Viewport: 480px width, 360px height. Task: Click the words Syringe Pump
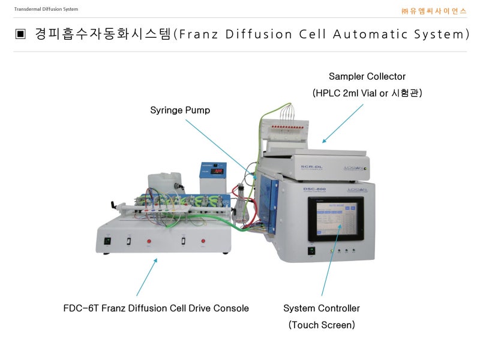(180, 110)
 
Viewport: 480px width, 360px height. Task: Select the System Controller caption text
(322, 308)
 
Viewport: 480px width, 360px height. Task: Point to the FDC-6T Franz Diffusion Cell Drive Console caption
(156, 308)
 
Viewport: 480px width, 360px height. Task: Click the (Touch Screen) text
(322, 325)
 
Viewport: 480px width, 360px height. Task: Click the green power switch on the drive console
(108, 241)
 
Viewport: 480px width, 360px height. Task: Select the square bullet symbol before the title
(21, 34)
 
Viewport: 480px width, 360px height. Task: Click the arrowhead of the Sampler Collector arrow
(323, 142)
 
